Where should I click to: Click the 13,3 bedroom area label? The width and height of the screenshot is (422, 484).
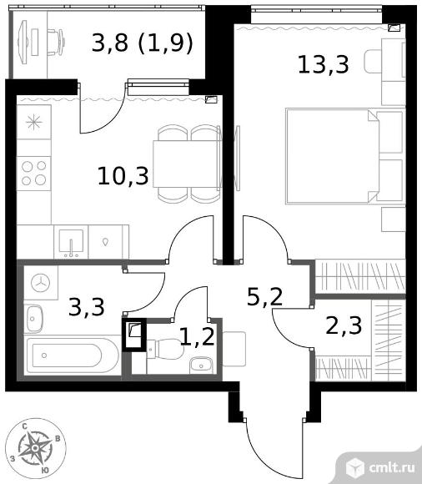tap(324, 64)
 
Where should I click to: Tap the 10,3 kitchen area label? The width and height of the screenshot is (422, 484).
tap(123, 175)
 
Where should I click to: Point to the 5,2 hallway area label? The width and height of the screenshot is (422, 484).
tap(265, 296)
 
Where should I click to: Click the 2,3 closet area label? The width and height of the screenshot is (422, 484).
tap(344, 325)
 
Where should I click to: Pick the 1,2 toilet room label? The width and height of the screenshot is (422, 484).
tap(197, 336)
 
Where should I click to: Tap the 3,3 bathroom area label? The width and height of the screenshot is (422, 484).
tap(87, 306)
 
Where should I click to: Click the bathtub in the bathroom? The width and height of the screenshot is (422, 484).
tap(73, 355)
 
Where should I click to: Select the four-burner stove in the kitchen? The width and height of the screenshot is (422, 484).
tap(34, 174)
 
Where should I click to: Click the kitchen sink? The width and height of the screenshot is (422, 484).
tap(71, 242)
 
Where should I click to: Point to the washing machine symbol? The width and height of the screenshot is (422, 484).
tap(40, 282)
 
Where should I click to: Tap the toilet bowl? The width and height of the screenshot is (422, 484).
tap(165, 349)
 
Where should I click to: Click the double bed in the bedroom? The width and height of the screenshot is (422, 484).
tap(345, 156)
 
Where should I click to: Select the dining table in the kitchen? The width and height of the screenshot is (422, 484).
tap(187, 164)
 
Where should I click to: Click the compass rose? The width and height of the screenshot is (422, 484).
tap(35, 448)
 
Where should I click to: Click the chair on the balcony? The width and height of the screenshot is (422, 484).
tap(56, 42)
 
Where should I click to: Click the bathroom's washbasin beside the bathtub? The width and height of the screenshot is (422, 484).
tap(33, 319)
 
